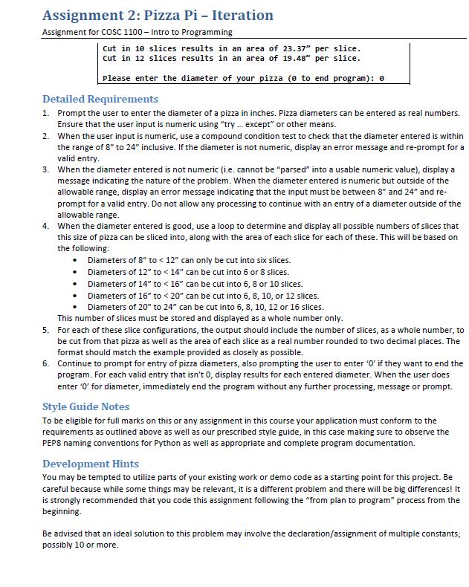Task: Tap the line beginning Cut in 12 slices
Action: pos(231,58)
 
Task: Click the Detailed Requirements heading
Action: pos(100,99)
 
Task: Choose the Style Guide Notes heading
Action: pos(86,406)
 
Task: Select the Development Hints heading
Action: pos(90,464)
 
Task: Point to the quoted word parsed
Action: pos(279,170)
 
